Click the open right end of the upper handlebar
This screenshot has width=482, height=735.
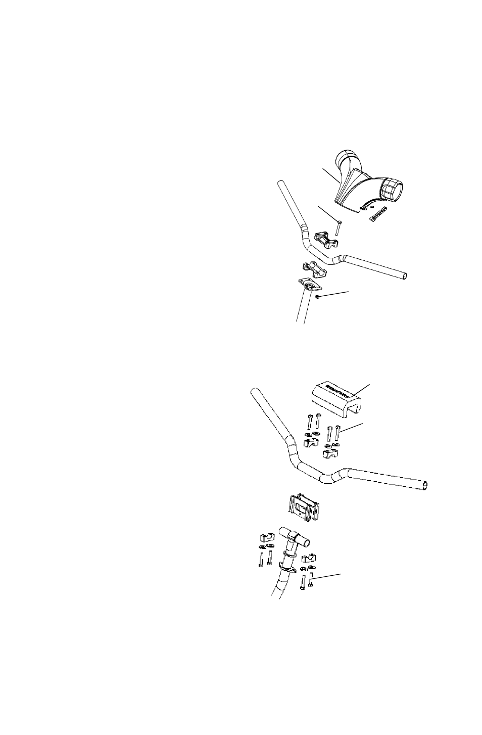pos(404,276)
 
